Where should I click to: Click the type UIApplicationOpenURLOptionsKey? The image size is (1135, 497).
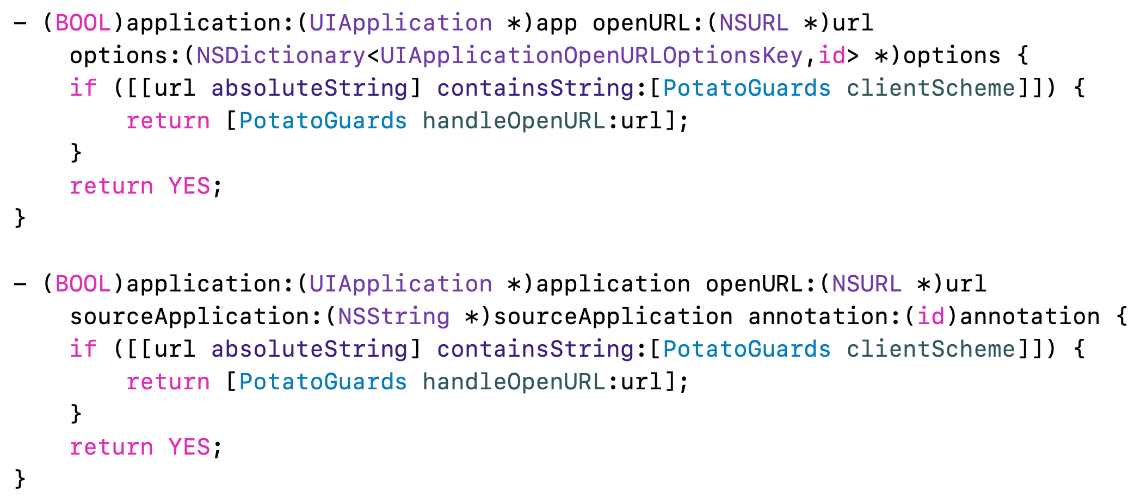[x=591, y=56]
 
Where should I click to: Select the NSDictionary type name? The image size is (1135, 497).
[x=280, y=56]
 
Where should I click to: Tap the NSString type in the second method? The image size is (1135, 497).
[x=393, y=317]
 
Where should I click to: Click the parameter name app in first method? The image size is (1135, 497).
[x=557, y=23]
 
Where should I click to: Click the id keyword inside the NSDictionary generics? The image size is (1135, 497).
[x=832, y=56]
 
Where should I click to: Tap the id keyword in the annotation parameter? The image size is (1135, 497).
[x=931, y=317]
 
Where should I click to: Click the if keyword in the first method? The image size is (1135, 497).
[x=83, y=89]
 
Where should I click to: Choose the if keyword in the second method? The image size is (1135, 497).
[x=83, y=350]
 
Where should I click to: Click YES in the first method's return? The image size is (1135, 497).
[x=189, y=187]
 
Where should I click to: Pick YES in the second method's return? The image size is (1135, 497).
[x=189, y=448]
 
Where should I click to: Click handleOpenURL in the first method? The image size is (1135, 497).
[x=514, y=121]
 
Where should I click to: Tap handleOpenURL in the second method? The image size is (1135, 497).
[x=514, y=382]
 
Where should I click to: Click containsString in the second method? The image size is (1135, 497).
[x=535, y=350]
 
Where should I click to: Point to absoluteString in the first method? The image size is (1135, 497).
[x=309, y=89]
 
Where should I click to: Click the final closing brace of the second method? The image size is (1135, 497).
[x=20, y=479]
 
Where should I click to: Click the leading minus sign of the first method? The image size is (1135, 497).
[x=20, y=23]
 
